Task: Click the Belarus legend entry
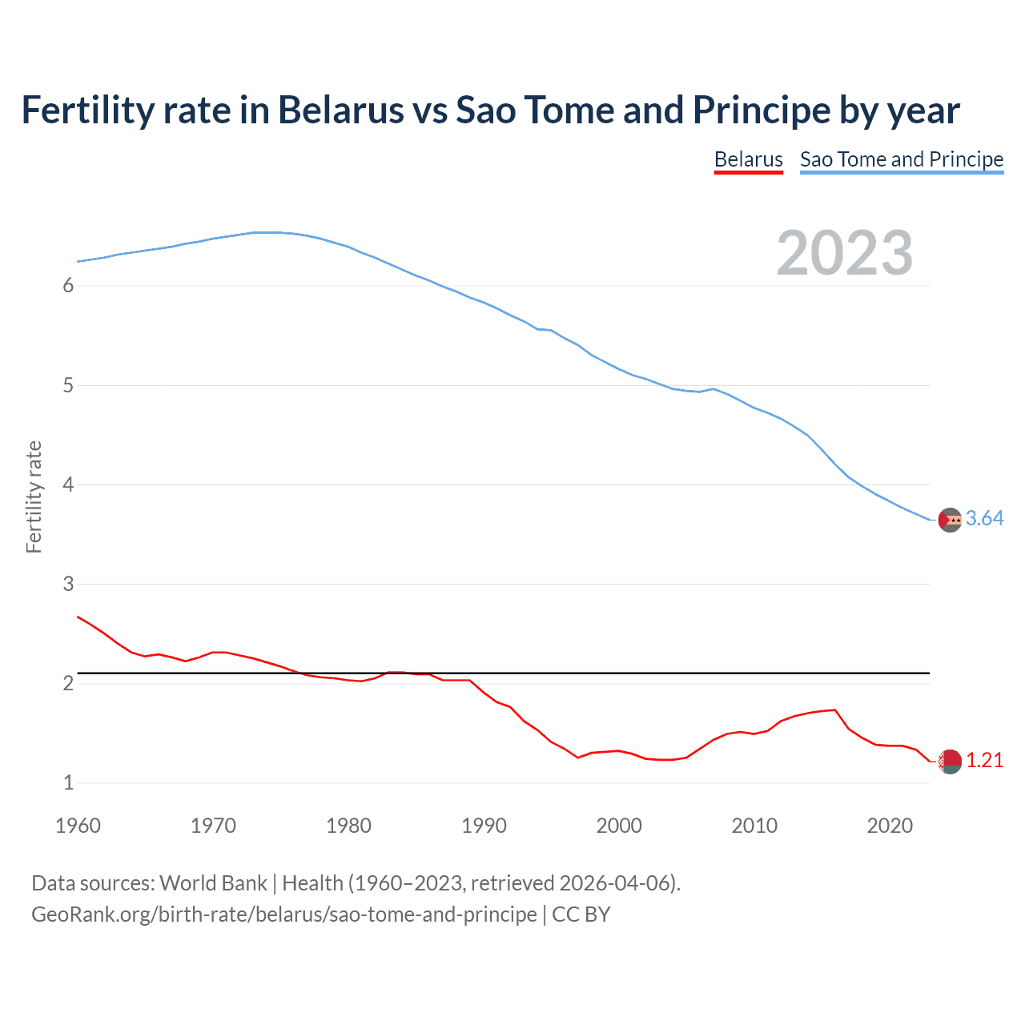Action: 748,159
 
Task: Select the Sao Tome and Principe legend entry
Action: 901,159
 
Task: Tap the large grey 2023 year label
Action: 845,253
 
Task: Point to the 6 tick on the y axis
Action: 68,286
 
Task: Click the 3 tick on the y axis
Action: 68,584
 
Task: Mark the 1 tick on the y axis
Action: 68,782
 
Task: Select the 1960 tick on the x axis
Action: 78,826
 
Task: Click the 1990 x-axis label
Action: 484,826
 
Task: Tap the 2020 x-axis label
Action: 890,826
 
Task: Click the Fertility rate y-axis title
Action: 34,496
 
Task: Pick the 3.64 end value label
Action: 984,519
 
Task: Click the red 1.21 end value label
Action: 984,761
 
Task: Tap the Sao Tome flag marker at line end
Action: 950,520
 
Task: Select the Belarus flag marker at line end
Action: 950,762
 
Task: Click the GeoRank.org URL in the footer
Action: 283,914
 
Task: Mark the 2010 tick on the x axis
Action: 754,826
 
